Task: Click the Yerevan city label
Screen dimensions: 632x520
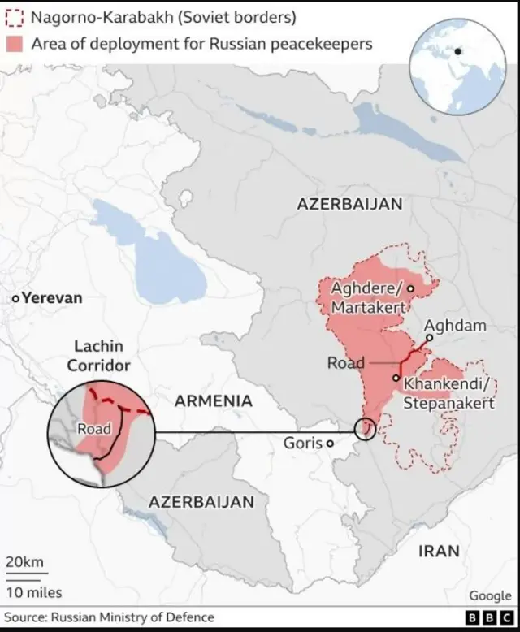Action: tap(52, 298)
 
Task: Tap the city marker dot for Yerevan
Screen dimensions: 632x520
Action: tap(15, 299)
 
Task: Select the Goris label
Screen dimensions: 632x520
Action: tap(302, 443)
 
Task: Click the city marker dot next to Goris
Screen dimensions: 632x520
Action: tap(330, 444)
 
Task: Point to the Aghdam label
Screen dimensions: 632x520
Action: tap(456, 326)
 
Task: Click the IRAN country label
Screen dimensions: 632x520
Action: tap(439, 551)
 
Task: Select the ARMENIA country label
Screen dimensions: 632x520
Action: tap(214, 400)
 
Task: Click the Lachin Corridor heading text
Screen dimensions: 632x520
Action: tap(98, 356)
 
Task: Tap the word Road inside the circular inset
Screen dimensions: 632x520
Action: tap(94, 428)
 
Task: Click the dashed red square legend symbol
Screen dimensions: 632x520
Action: tap(15, 17)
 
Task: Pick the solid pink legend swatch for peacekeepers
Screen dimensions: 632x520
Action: tap(15, 43)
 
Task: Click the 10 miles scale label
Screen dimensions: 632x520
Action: tap(34, 592)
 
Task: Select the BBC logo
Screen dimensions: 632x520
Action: tap(484, 618)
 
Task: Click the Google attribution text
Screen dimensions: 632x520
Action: tap(490, 596)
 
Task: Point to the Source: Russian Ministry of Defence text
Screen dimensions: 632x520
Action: tap(110, 617)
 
